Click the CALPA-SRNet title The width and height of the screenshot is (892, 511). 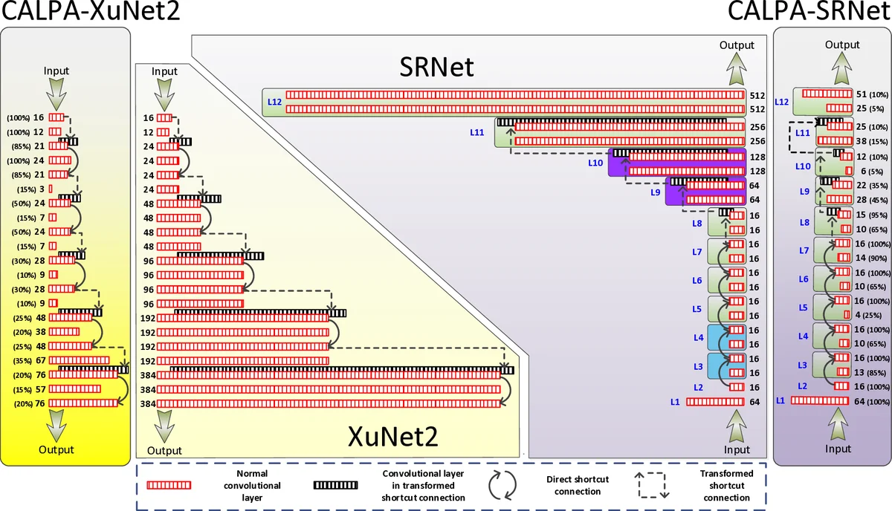[x=809, y=13]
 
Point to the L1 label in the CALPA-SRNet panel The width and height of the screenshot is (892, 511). [x=780, y=400]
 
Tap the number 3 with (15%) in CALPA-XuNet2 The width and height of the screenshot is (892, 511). [x=40, y=189]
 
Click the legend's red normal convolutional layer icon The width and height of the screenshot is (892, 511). [x=169, y=485]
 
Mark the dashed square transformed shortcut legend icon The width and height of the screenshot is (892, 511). [x=651, y=485]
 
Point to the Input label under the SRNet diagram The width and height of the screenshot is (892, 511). [x=737, y=449]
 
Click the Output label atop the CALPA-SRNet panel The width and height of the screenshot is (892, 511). [x=842, y=45]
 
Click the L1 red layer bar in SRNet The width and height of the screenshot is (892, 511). [x=714, y=402]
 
